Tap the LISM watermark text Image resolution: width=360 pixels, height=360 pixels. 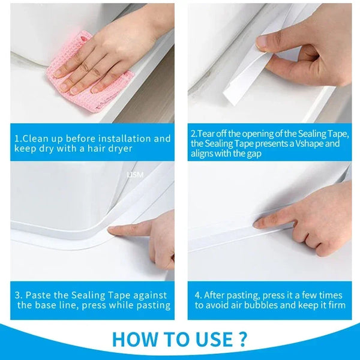[x=133, y=175]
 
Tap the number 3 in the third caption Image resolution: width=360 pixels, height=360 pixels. [x=19, y=295]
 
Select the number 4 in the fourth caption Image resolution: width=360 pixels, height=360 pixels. [x=197, y=295]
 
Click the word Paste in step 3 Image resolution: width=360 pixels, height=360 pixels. [x=40, y=295]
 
